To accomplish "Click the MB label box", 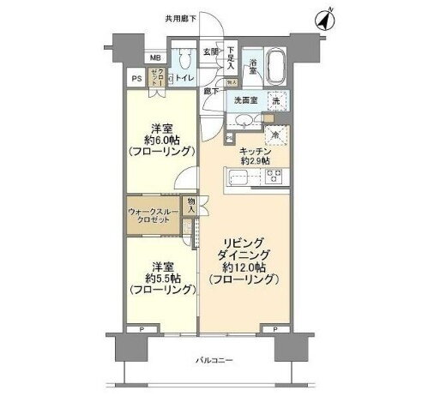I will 155,58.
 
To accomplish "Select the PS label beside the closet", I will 136,79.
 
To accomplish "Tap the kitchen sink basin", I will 238,178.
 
